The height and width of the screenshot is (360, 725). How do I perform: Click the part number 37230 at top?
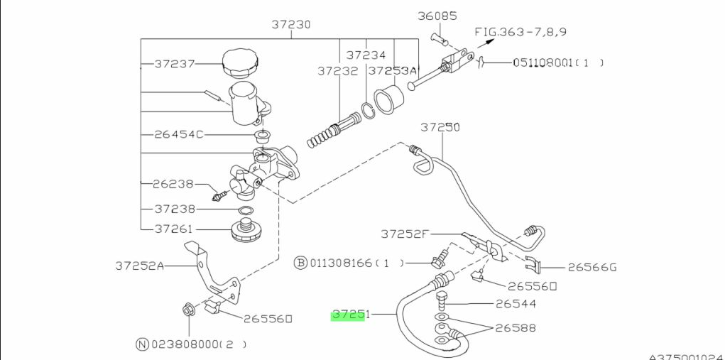[x=291, y=24]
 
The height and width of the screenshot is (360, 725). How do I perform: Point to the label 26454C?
[x=178, y=134]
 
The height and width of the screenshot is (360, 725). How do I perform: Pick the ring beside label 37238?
[x=246, y=211]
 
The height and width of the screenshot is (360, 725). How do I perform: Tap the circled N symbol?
[x=143, y=344]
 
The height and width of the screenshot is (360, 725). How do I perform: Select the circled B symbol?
[x=300, y=263]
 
